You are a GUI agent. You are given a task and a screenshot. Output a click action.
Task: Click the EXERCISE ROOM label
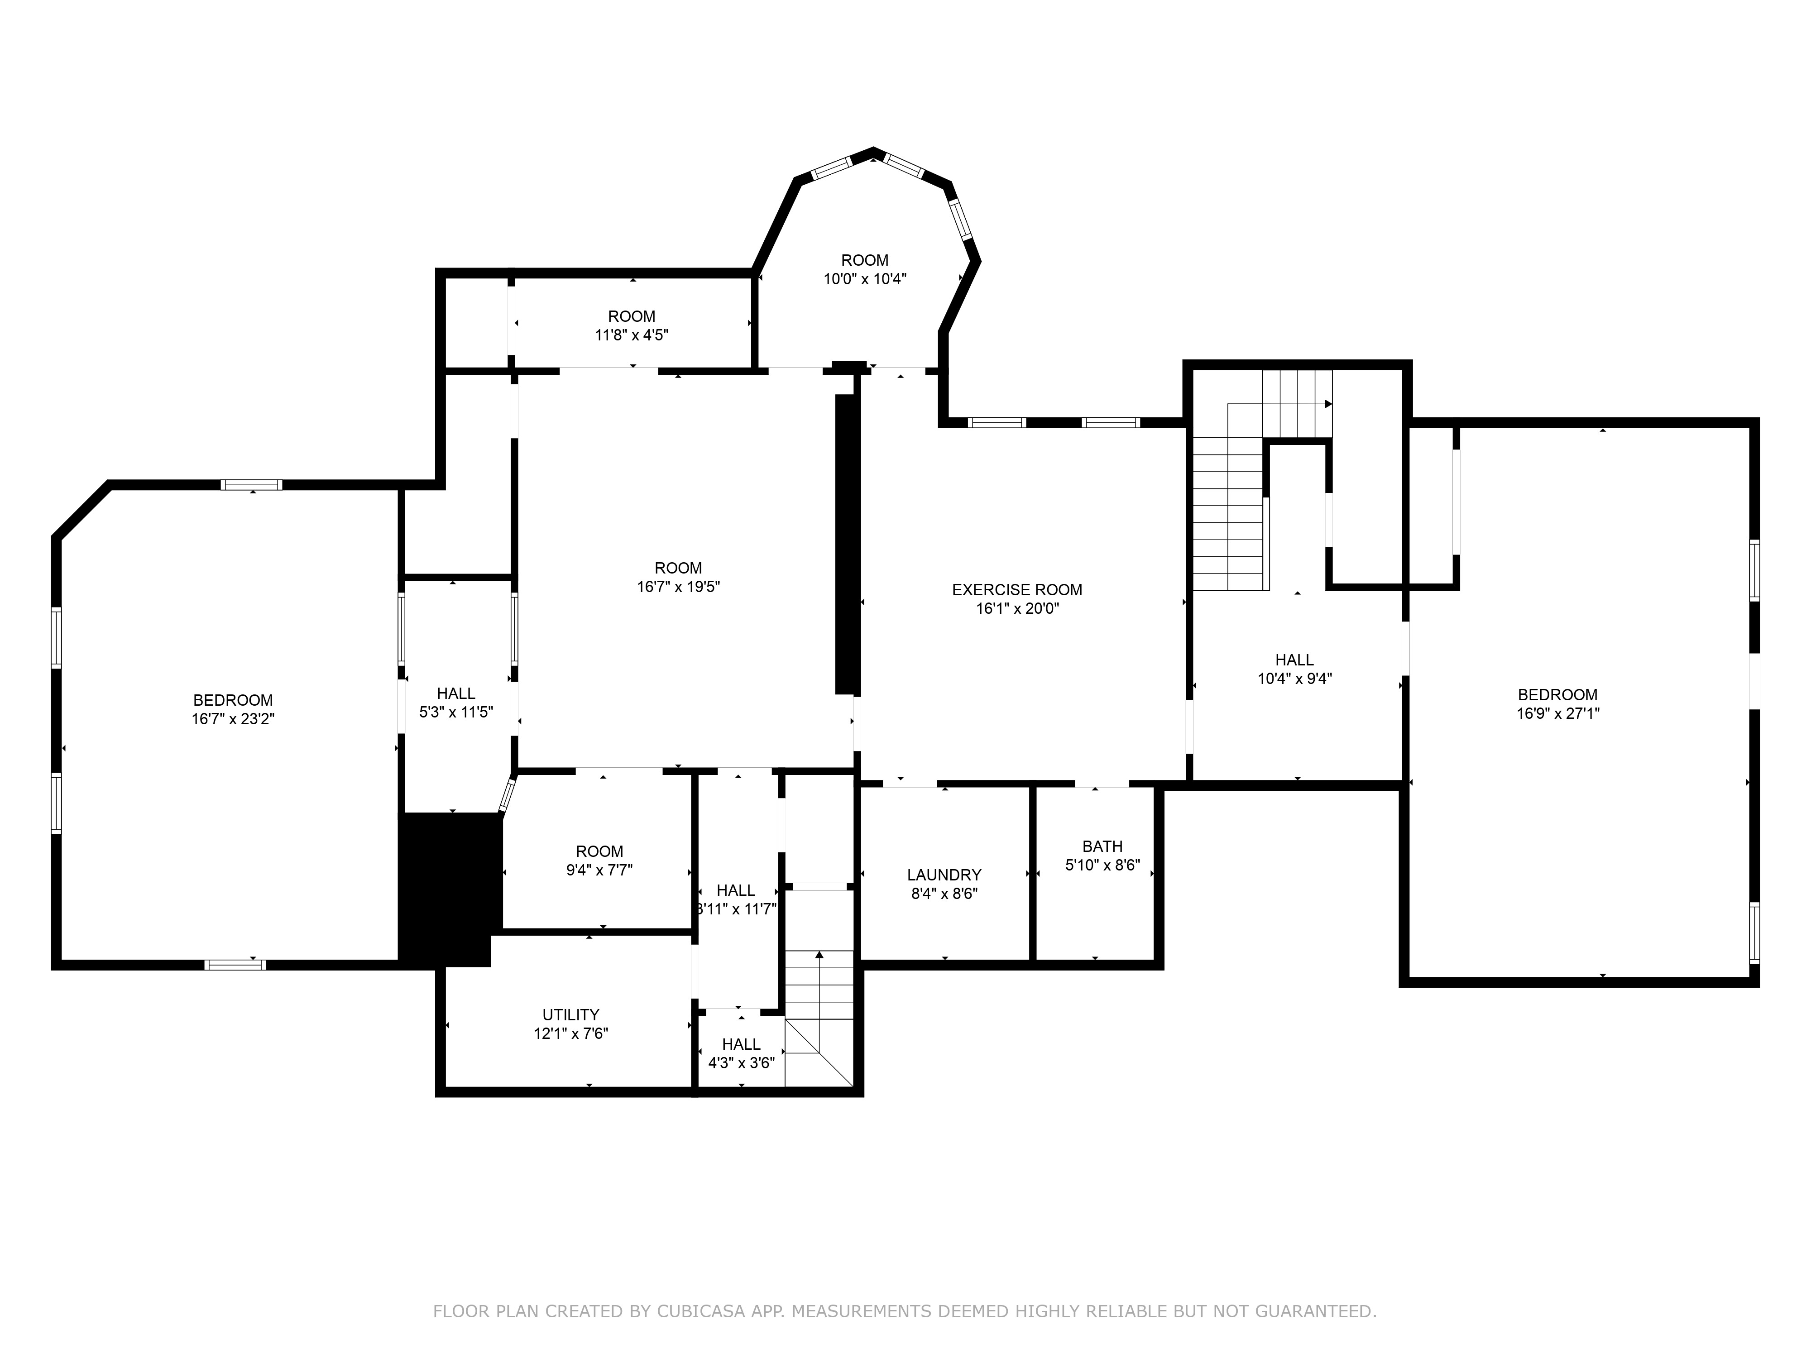point(1017,589)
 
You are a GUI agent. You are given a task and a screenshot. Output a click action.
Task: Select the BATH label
point(1102,846)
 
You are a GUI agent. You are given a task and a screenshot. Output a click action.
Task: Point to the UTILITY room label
point(570,1014)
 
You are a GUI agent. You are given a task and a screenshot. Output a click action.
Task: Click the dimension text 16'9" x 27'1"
point(1557,713)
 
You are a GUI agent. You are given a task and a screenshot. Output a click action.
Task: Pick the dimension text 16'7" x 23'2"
point(233,719)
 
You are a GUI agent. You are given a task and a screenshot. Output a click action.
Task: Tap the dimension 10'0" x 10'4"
point(865,279)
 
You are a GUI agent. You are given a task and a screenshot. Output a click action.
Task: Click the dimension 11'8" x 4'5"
point(631,335)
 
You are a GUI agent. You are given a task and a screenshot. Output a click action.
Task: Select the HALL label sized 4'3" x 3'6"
point(741,1044)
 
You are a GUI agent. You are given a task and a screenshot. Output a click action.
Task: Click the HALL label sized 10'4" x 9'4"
point(1294,660)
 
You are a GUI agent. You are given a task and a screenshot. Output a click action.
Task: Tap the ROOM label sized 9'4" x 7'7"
point(599,851)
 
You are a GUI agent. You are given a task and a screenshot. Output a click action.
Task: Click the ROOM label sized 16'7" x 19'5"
point(678,568)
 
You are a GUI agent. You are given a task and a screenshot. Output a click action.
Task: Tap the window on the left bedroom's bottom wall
point(235,964)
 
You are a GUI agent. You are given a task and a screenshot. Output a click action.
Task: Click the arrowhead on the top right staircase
point(1328,404)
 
